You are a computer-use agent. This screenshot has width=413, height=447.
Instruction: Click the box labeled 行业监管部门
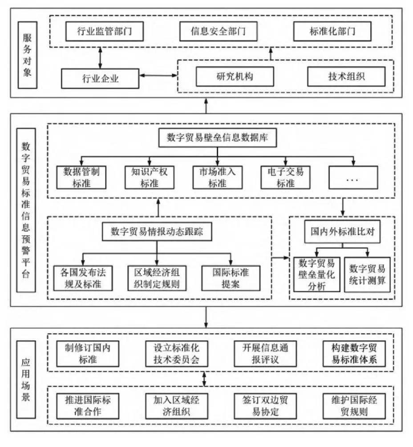105,31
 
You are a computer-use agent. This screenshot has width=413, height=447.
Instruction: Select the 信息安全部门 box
218,31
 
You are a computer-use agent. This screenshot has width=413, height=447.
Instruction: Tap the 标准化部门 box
332,31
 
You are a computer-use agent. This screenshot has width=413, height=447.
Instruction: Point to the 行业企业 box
100,78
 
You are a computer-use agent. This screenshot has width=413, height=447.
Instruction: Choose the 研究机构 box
235,77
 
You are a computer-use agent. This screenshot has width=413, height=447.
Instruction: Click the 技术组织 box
346,77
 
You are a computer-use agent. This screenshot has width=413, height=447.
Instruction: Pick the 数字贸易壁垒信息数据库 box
218,138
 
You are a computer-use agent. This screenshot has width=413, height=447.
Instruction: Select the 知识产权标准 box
150,177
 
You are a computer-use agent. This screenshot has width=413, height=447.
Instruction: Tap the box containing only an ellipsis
353,177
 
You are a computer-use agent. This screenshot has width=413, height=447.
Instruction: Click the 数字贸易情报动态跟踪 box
157,231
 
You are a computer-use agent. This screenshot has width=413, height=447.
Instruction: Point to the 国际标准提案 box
231,278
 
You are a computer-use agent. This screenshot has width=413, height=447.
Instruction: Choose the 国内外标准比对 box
342,231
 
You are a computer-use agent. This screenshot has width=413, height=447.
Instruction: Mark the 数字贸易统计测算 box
367,274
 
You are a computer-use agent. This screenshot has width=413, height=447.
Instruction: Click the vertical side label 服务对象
28,55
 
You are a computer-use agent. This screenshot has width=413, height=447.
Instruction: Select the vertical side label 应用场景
26,380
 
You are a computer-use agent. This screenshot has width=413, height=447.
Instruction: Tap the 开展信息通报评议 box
265,354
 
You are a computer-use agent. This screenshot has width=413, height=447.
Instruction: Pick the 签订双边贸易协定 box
265,406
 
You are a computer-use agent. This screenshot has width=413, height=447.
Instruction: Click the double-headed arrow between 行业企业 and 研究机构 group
158,76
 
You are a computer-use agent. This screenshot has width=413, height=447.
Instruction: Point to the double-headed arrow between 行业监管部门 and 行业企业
100,58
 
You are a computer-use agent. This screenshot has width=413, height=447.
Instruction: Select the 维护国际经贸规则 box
354,406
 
